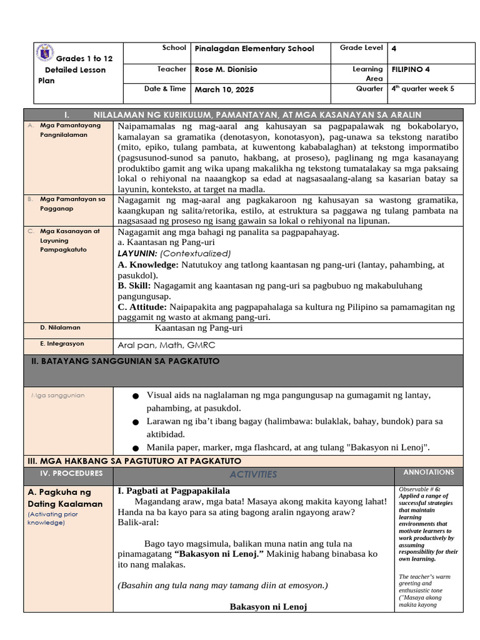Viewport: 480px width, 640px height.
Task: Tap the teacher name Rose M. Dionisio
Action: (226, 69)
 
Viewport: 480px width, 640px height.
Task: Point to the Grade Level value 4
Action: (394, 49)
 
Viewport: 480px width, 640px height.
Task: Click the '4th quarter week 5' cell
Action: (422, 89)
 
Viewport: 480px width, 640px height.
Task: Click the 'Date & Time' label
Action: (165, 89)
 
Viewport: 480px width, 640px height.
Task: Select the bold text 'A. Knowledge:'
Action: (147, 265)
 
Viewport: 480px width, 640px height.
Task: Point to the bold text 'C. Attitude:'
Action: (142, 307)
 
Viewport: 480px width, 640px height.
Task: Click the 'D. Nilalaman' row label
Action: (60, 327)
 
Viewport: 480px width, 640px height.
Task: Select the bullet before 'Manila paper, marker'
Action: (136, 448)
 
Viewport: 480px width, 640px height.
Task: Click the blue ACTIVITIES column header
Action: (252, 474)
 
